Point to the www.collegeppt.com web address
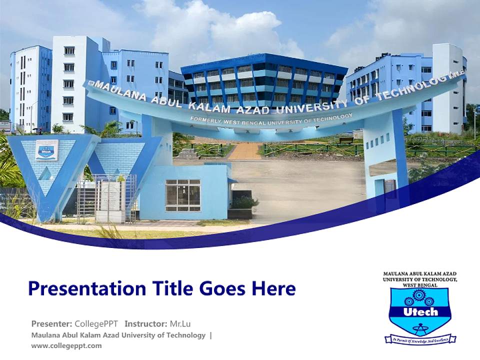[x=66, y=345]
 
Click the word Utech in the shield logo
[x=420, y=312]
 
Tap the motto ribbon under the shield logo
[x=420, y=339]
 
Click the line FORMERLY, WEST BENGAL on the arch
[x=230, y=120]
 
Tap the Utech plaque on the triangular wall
[x=46, y=150]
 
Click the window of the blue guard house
[x=182, y=195]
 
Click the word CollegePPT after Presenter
[x=96, y=323]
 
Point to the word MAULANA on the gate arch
[x=113, y=92]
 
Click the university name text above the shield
[x=420, y=279]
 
